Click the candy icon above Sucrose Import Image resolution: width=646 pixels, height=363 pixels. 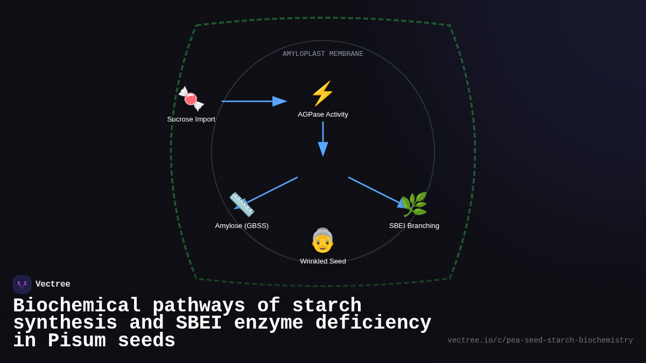coord(191,99)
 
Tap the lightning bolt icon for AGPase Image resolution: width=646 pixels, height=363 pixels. coord(322,94)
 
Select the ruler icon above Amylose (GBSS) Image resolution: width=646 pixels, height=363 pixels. coord(242,204)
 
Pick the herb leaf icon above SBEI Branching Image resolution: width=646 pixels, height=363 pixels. coord(414,204)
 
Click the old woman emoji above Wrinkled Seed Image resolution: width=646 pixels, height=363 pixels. coord(322,240)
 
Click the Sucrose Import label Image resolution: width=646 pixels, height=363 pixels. coord(191,119)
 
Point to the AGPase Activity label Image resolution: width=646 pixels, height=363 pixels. coord(323,115)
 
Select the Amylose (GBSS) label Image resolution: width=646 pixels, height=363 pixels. coord(242,226)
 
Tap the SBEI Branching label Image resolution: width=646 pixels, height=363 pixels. coord(414,226)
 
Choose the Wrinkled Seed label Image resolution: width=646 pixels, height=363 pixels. coord(323,261)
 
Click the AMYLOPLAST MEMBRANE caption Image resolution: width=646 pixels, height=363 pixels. coord(323,54)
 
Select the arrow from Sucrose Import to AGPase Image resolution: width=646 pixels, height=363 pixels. coord(253,101)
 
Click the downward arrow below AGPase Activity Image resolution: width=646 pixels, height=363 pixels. coord(323,139)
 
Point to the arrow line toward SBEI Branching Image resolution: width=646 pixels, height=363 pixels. coord(374,190)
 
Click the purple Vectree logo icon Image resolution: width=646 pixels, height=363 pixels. coord(22,284)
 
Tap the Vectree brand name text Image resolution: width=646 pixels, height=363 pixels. coord(53,284)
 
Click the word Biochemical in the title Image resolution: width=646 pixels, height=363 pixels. coord(77,306)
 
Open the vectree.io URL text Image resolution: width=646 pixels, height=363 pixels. coord(540,340)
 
